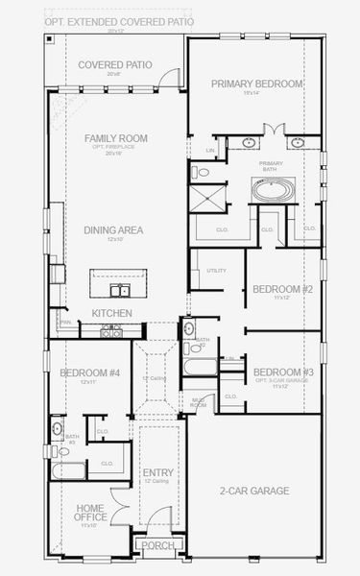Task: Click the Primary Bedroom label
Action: tap(257, 84)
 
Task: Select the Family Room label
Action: tap(115, 138)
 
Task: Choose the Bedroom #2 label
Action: tap(282, 289)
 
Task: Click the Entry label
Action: tap(157, 473)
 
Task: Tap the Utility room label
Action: tap(216, 271)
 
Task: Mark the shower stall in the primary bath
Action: tap(210, 199)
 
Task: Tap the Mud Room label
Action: tap(198, 402)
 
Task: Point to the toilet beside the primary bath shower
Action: tap(202, 173)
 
